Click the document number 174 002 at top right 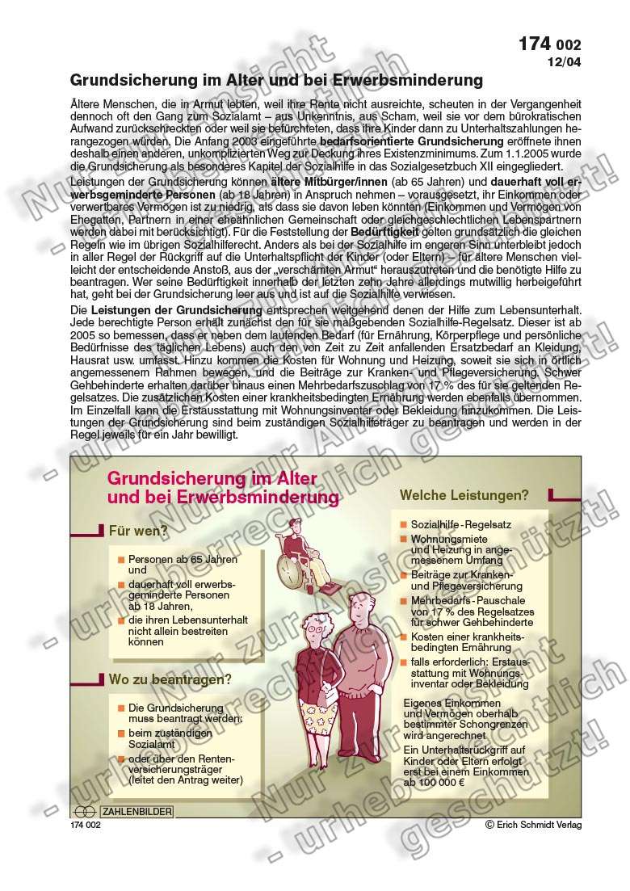[x=550, y=45]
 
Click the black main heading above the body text [x=277, y=81]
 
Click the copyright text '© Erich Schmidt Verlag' [x=533, y=824]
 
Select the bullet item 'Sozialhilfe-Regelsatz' [x=460, y=524]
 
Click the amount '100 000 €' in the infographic [x=445, y=783]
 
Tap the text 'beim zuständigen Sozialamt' [x=170, y=738]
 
